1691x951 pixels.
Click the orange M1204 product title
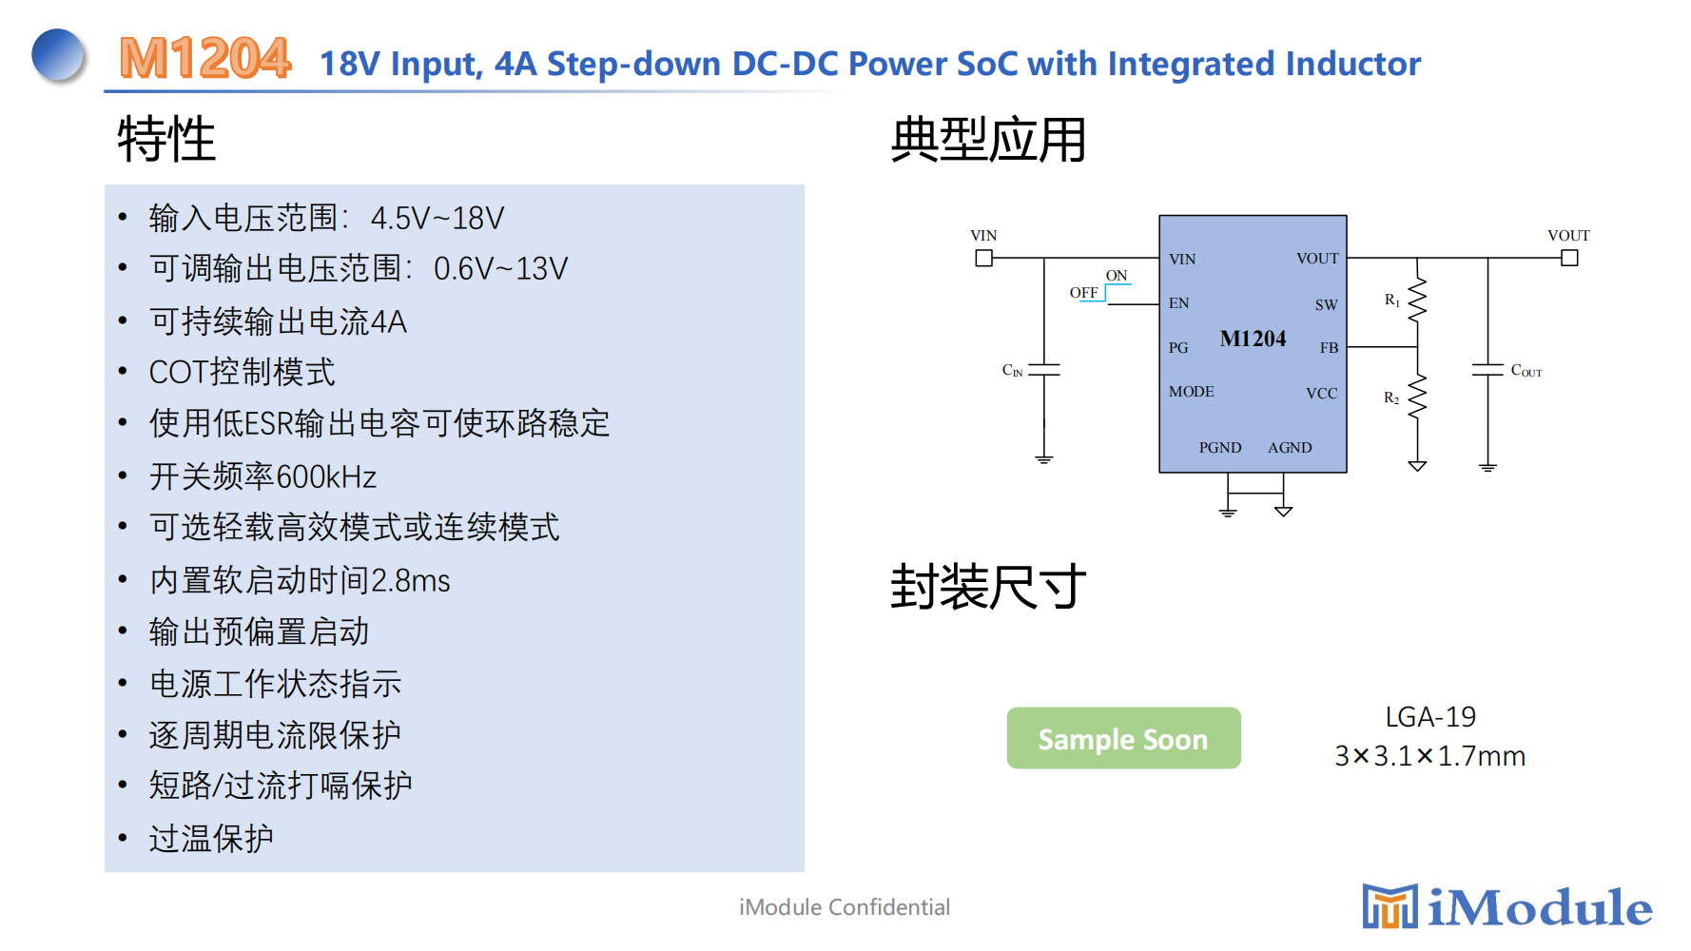coord(204,58)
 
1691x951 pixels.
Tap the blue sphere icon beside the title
coord(58,54)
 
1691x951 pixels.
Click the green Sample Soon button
coord(1123,738)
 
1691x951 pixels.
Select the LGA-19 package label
coord(1429,717)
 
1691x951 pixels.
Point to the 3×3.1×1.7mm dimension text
coord(1429,756)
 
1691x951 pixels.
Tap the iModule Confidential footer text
coord(845,907)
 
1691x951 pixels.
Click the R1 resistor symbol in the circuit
coord(1417,300)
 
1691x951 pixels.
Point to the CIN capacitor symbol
coord(1044,369)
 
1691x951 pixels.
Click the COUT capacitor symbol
coord(1488,369)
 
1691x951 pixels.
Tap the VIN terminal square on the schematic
coord(984,258)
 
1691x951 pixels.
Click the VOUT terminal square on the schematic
coord(1569,258)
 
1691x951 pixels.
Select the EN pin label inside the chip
coord(1179,303)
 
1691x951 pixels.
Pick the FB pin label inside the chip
coord(1329,348)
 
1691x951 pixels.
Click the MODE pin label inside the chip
coord(1192,392)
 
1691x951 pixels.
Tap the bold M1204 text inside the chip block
coord(1253,339)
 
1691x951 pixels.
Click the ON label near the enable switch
coord(1117,276)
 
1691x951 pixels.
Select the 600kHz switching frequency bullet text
coord(263,475)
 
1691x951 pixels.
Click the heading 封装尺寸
coord(988,586)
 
